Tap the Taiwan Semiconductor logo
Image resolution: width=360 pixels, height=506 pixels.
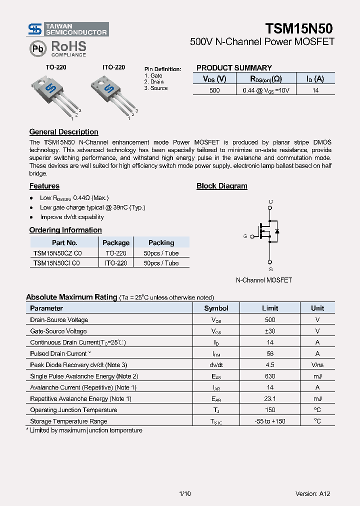point(67,29)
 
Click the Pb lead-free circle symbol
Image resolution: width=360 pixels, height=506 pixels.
point(37,48)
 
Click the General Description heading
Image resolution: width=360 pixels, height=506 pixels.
point(63,132)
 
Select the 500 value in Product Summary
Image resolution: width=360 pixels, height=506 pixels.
point(214,90)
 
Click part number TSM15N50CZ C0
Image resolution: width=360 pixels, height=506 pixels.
point(57,253)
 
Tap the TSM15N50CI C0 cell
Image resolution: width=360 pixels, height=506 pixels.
point(57,263)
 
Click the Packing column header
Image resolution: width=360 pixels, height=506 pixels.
point(161,242)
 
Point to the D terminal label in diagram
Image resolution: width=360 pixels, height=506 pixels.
point(270,202)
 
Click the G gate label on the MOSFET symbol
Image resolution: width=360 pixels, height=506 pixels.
point(245,236)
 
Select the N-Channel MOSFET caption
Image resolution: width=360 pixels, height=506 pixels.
point(263,280)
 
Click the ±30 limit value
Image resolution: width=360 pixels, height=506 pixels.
point(270,331)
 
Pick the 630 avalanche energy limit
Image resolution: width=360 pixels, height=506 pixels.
point(270,376)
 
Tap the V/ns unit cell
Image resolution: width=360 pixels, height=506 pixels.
point(317,365)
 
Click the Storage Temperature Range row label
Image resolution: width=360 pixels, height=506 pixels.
point(68,421)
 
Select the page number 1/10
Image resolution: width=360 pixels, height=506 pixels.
point(184,493)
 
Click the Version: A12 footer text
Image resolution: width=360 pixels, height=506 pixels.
point(312,493)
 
